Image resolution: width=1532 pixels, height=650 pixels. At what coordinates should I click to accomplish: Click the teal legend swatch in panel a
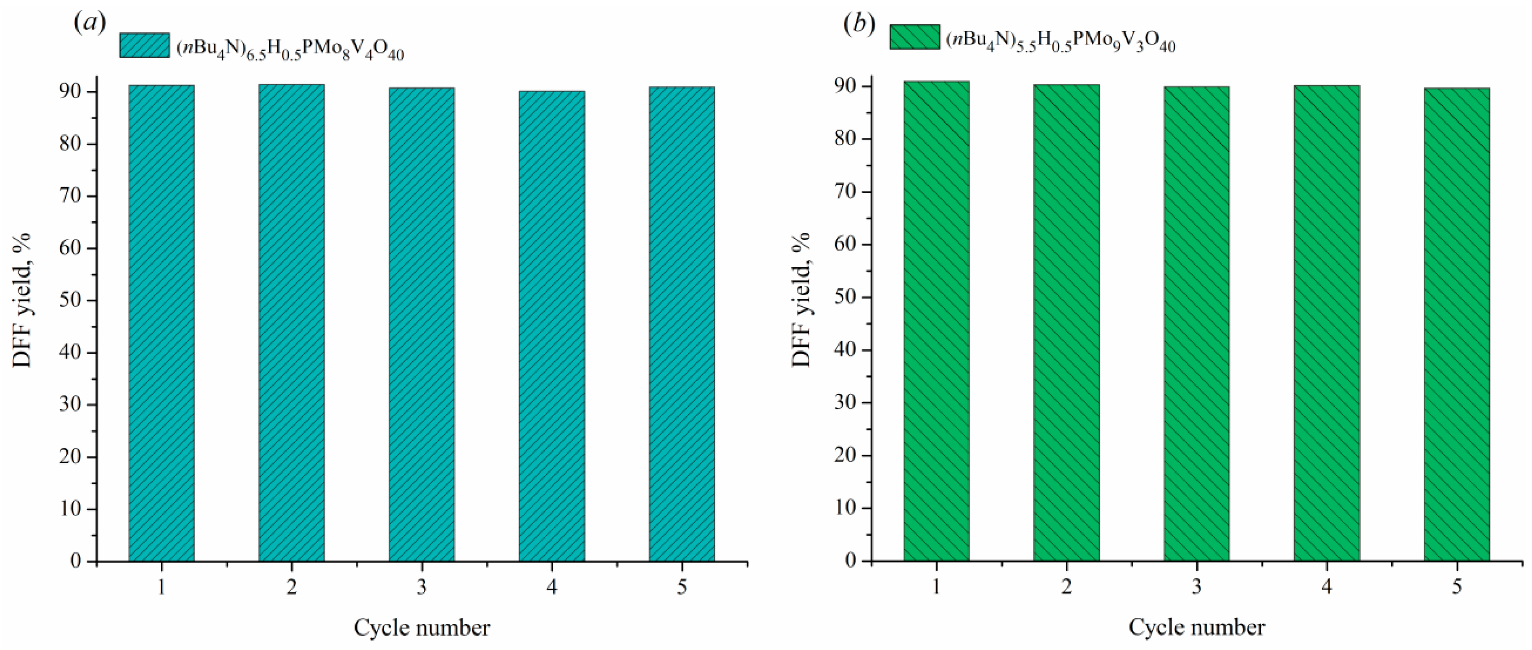[145, 45]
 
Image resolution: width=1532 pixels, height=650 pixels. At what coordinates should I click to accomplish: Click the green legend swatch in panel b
[914, 37]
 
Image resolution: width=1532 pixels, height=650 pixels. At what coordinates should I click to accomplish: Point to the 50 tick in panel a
[71, 300]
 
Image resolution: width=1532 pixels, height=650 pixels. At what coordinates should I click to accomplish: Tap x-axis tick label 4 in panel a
[552, 588]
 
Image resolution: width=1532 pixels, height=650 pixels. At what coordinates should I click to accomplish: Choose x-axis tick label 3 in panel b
[1197, 588]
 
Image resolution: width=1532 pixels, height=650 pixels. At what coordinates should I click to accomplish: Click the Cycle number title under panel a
[422, 628]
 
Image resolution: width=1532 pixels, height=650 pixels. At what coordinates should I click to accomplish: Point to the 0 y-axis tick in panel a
[76, 561]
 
